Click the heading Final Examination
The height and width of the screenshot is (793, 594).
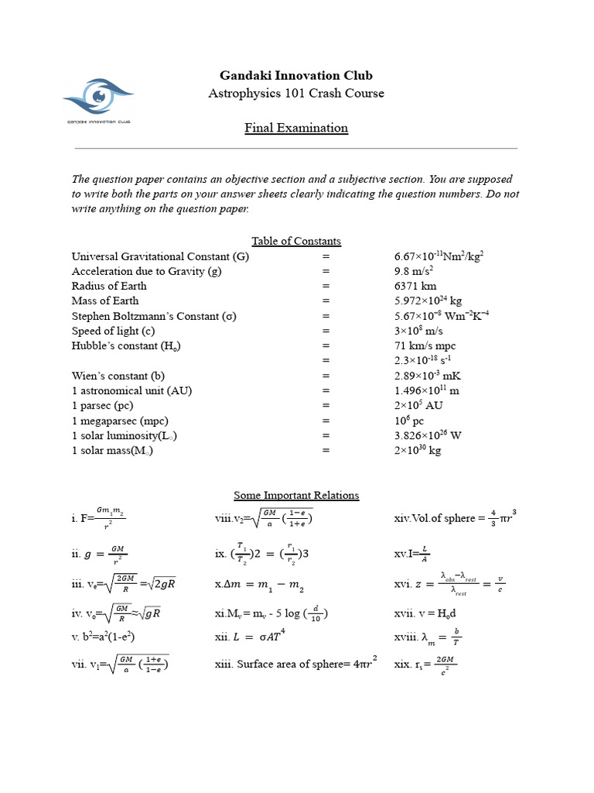tap(296, 128)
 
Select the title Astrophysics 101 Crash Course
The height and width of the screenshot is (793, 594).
tap(296, 94)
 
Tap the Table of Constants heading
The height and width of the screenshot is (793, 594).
tap(296, 241)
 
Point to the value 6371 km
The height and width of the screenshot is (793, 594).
tap(415, 286)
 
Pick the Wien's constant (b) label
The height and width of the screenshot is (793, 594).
tap(116, 376)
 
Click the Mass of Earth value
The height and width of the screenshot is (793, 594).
tap(428, 300)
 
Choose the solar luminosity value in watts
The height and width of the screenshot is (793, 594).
tap(428, 435)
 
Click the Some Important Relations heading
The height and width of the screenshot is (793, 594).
tap(296, 495)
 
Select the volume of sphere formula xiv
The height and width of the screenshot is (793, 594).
tap(454, 517)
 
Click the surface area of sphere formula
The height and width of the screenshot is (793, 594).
tap(295, 663)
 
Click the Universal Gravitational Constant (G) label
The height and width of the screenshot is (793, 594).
tap(160, 256)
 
